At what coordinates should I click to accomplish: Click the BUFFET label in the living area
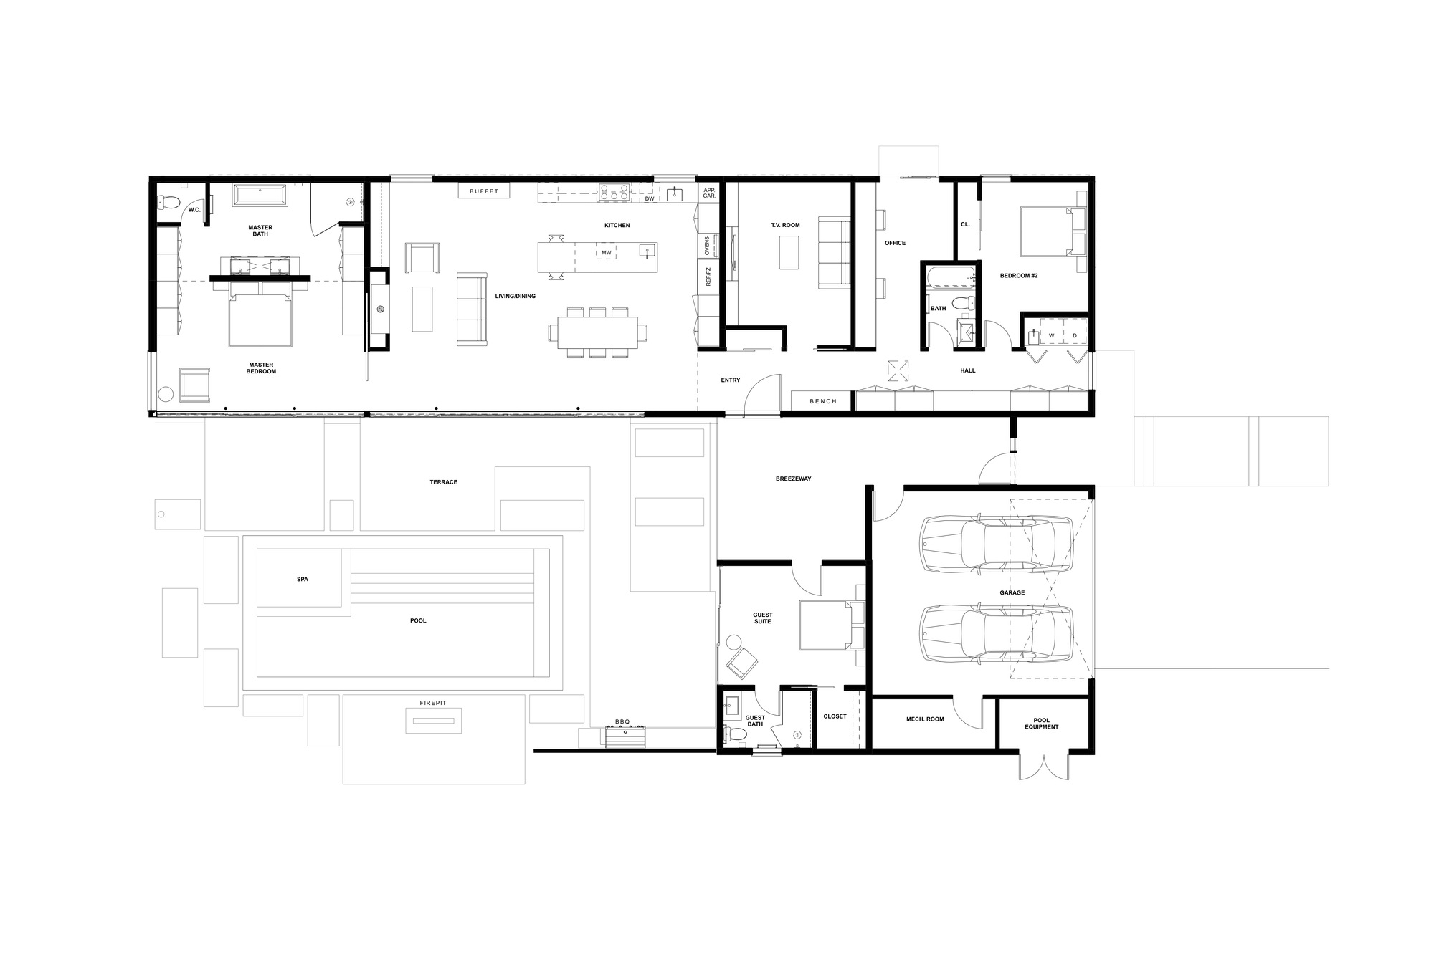click(484, 191)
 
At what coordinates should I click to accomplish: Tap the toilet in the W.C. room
click(169, 203)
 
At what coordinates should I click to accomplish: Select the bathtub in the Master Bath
click(260, 196)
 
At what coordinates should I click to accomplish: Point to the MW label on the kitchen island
click(607, 253)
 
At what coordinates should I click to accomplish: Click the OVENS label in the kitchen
click(708, 246)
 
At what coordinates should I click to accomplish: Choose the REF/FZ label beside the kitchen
click(708, 277)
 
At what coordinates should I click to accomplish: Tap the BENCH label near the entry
click(823, 401)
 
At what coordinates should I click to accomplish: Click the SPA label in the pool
click(302, 579)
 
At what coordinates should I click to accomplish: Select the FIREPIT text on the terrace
click(433, 703)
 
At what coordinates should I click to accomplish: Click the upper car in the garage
click(997, 544)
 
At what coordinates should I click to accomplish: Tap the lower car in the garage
click(997, 633)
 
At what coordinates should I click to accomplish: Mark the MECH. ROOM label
click(925, 719)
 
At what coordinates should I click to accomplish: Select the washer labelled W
click(1052, 335)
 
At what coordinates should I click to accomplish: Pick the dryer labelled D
click(1074, 335)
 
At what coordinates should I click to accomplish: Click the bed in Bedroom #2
click(1047, 231)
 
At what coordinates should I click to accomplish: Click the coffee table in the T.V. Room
click(789, 253)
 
